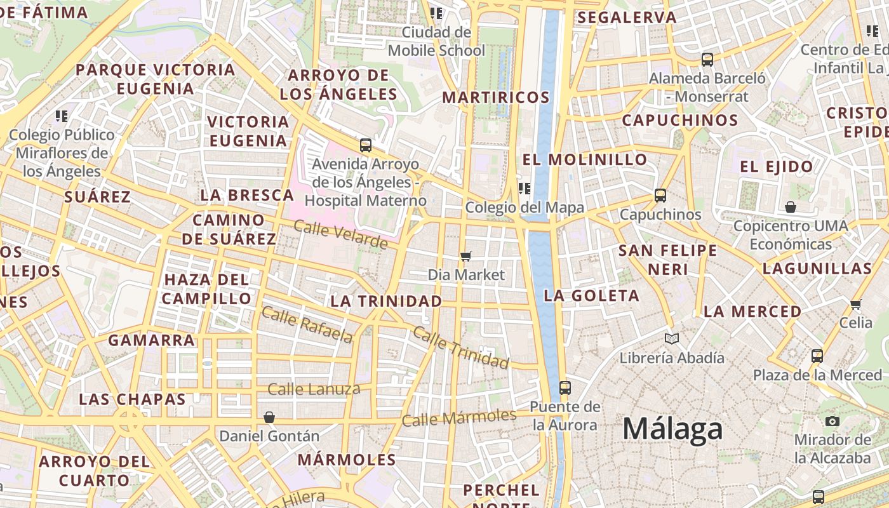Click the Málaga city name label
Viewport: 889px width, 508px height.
[x=672, y=429]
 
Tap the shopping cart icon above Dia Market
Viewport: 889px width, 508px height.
[x=466, y=256]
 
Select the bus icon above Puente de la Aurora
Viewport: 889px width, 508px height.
[x=565, y=387]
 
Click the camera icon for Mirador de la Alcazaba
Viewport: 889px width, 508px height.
[x=832, y=421]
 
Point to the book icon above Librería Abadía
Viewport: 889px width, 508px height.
[x=671, y=339]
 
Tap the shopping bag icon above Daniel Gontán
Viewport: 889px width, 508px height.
[x=269, y=417]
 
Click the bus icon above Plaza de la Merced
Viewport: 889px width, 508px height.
[x=817, y=356]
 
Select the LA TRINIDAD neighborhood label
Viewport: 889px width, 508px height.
[x=386, y=301]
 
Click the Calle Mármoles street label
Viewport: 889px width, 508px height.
[x=459, y=418]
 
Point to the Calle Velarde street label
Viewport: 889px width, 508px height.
[x=340, y=234]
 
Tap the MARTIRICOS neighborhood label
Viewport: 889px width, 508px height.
[x=496, y=97]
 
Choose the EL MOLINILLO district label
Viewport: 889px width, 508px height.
[x=585, y=159]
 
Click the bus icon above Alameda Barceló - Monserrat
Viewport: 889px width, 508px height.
[x=707, y=60]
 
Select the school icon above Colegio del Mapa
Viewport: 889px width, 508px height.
[x=524, y=188]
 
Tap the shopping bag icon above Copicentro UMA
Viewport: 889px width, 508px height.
[x=791, y=207]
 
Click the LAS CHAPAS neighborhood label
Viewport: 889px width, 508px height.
[x=132, y=399]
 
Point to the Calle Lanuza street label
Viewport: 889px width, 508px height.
[x=314, y=389]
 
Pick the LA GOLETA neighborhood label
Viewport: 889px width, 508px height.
[x=591, y=295]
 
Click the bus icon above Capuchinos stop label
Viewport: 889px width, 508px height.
[x=660, y=196]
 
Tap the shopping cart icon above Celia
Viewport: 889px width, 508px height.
[x=855, y=304]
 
